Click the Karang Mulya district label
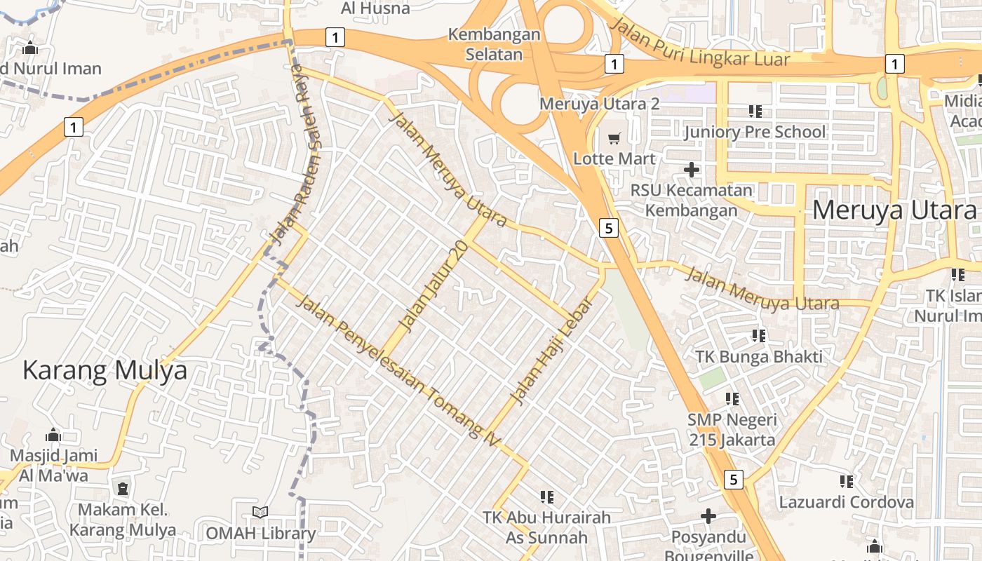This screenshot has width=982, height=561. [105, 370]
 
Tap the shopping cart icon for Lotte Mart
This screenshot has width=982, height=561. [614, 139]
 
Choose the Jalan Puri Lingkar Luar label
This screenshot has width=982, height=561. [700, 43]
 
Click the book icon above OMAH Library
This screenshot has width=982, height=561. [260, 513]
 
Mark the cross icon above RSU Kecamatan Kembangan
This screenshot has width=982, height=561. [692, 169]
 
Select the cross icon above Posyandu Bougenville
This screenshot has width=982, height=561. [708, 516]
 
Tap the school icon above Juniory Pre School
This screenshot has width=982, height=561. [755, 111]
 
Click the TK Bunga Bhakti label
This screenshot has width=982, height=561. [758, 356]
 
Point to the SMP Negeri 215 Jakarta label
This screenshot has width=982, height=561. [732, 430]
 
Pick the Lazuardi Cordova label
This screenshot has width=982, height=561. [847, 502]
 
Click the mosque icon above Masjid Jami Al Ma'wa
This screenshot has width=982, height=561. [53, 435]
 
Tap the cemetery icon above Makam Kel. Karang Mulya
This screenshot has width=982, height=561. [123, 488]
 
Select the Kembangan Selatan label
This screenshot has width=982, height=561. [495, 44]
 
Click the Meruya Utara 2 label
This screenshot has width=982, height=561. [600, 104]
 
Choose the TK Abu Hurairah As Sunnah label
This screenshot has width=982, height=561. [546, 527]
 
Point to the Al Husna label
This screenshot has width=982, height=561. [375, 8]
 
